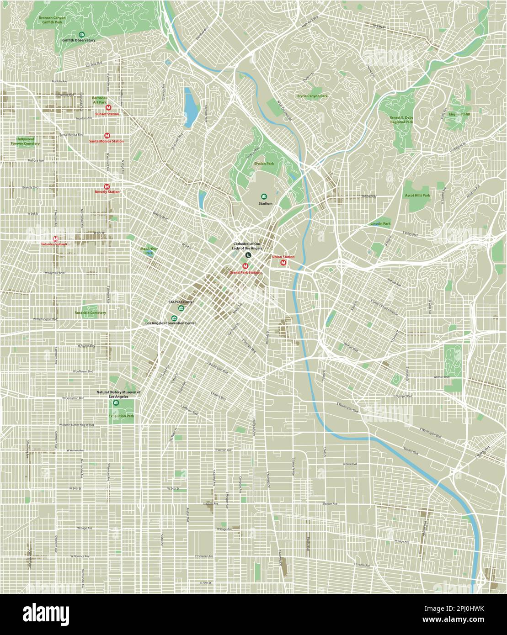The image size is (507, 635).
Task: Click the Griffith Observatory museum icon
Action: (x=81, y=35)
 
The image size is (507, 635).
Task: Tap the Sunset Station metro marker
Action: (x=107, y=108)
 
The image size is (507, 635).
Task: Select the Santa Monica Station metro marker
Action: (x=107, y=136)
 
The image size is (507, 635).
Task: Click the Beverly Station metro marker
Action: (x=107, y=186)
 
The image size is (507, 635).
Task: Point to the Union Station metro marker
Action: (x=283, y=263)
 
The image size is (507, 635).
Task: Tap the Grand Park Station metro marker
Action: (x=245, y=266)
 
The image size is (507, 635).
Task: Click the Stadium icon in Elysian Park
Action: (x=263, y=196)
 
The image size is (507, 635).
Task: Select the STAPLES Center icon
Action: (x=182, y=309)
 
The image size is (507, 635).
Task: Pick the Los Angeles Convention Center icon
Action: (x=173, y=318)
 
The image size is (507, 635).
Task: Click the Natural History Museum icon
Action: (x=116, y=403)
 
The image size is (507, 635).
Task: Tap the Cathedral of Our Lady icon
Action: (x=247, y=255)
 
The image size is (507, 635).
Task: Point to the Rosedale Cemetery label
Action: (x=90, y=313)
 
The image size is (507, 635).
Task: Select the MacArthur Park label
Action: (x=149, y=250)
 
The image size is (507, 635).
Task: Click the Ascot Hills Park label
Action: (x=417, y=195)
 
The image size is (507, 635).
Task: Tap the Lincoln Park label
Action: (x=380, y=224)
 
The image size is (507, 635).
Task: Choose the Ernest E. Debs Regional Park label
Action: (x=401, y=120)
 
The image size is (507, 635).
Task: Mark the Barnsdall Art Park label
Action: (x=100, y=100)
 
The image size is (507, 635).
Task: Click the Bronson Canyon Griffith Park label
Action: (x=52, y=20)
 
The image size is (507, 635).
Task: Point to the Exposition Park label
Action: (x=121, y=416)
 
